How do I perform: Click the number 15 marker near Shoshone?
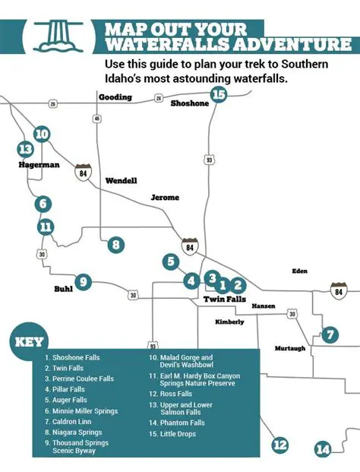point(219,95)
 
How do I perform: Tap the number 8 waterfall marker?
point(115,245)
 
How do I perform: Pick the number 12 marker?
point(279,445)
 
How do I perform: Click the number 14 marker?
point(324,449)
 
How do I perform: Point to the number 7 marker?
point(329,334)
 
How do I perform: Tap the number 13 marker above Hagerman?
point(26,149)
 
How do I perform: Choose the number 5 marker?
point(170,262)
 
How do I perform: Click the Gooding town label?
point(115,97)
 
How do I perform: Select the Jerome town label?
point(165,198)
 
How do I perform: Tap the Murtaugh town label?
point(289,348)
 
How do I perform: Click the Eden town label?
point(300,271)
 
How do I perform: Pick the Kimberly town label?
point(229,322)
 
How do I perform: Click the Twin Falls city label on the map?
point(224,300)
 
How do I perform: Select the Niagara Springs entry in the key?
point(73,432)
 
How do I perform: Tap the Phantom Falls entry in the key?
point(177,423)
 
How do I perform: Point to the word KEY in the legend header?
point(30,341)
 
